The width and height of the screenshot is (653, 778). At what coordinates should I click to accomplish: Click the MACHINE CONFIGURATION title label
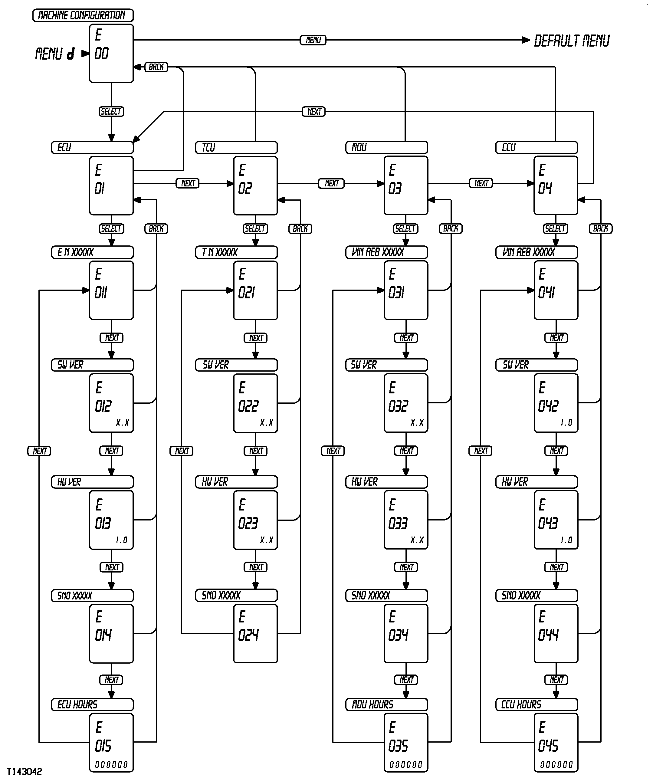(x=83, y=15)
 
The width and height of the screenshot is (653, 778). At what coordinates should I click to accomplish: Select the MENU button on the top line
(x=313, y=40)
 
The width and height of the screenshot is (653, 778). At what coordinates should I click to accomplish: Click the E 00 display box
(x=111, y=53)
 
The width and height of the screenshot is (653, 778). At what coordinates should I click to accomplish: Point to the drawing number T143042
(x=24, y=771)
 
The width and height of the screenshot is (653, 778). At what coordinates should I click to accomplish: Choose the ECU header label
(x=92, y=147)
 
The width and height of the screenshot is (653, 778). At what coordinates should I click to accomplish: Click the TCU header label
(x=236, y=147)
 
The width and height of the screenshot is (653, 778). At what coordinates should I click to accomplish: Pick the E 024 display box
(x=255, y=634)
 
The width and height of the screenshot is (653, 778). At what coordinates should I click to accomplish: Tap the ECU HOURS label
(x=92, y=704)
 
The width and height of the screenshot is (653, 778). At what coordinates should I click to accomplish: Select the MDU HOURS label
(x=386, y=704)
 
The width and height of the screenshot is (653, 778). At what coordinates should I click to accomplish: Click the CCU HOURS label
(x=536, y=704)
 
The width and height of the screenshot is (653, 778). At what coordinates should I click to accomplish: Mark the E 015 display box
(x=111, y=742)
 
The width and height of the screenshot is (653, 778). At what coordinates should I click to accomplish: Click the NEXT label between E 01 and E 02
(x=187, y=183)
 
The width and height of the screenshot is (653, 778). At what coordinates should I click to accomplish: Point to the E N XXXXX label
(x=92, y=252)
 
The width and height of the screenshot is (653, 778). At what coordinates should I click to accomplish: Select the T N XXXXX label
(x=236, y=252)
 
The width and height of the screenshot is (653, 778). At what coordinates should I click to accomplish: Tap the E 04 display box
(x=556, y=185)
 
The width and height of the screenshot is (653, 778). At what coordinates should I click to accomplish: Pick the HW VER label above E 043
(x=536, y=482)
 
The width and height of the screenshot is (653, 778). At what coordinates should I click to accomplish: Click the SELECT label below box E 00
(x=111, y=112)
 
